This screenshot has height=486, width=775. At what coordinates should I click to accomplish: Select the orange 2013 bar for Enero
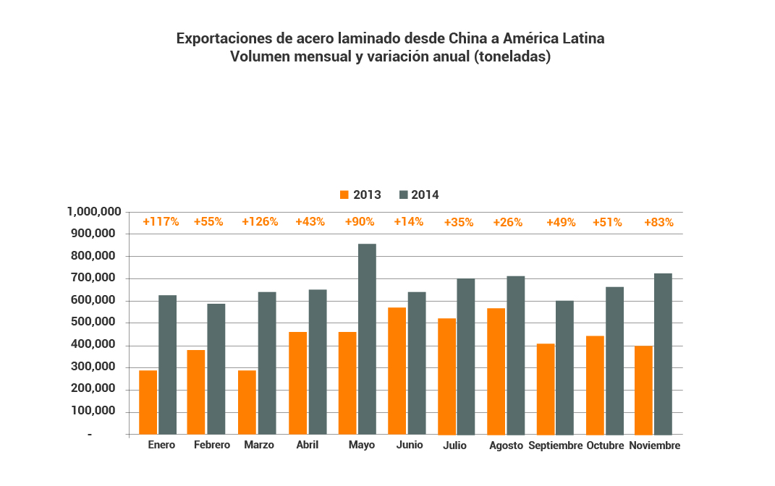point(148,402)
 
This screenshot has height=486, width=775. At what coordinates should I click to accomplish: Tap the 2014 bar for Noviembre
point(663,354)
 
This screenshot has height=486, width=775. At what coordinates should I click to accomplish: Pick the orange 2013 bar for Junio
point(396,370)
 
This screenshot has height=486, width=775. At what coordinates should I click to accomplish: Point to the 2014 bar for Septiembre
point(564,367)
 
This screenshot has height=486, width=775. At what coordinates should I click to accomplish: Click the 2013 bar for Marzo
point(247,402)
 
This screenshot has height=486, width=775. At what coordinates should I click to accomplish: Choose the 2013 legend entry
point(360,195)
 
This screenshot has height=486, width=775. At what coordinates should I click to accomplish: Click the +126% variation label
point(260,222)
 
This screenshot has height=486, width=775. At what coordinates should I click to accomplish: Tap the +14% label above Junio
point(408,222)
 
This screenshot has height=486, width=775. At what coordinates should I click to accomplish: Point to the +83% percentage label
point(658,223)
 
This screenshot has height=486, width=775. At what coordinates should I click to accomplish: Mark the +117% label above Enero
point(161,222)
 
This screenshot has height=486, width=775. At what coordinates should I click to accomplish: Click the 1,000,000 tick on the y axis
point(94,212)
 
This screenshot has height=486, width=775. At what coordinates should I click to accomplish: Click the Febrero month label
point(212,445)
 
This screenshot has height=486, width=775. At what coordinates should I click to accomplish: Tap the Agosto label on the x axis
point(506,445)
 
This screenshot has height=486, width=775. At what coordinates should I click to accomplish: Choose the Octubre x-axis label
point(606,445)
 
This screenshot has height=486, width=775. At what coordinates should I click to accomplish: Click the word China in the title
point(470,38)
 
